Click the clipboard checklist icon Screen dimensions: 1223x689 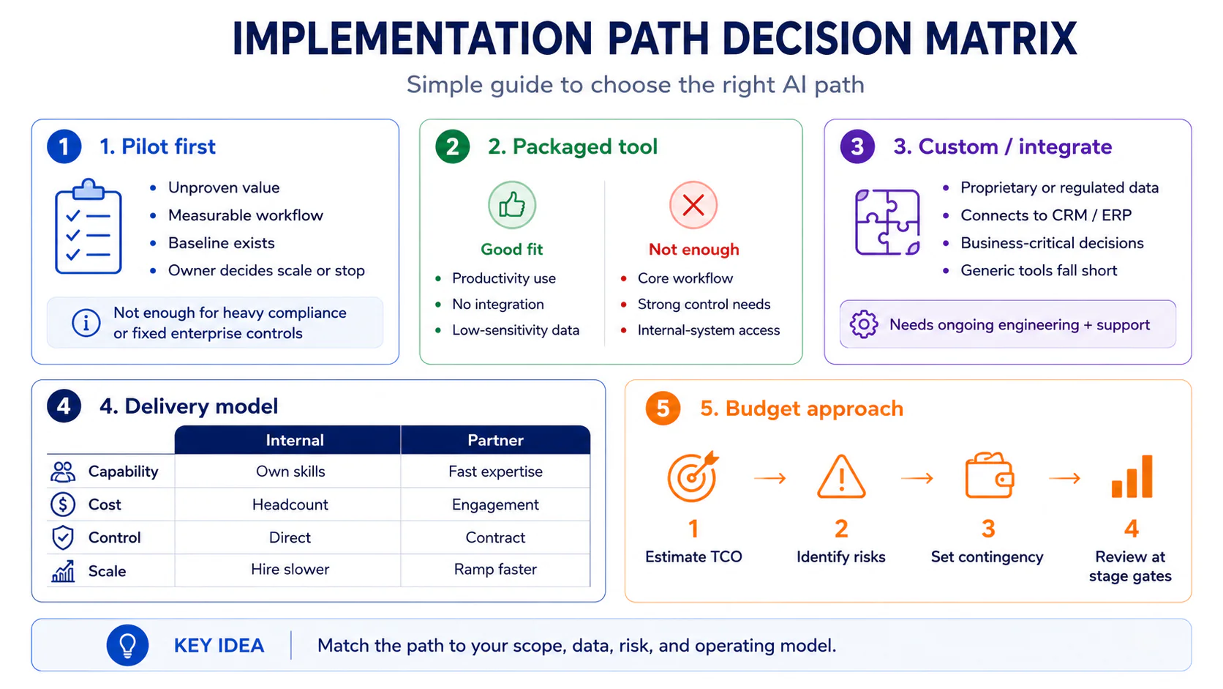point(88,226)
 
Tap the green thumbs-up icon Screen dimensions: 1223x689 point(511,206)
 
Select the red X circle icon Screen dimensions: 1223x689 point(693,206)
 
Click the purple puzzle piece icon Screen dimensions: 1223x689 point(887,222)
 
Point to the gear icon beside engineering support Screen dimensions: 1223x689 point(864,324)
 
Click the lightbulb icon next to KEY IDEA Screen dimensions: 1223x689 point(128,645)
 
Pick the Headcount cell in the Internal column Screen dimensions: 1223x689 point(290,504)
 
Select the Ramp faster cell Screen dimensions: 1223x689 point(495,570)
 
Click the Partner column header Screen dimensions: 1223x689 point(495,440)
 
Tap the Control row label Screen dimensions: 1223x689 point(114,537)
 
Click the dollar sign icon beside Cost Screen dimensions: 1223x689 point(63,504)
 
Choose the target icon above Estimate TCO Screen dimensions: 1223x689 point(693,477)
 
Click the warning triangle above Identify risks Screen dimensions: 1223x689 point(841,477)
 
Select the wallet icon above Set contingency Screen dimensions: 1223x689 point(989,475)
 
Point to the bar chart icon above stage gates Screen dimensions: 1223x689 point(1132,477)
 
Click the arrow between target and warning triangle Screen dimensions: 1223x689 point(769,479)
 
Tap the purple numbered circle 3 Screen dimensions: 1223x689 point(857,146)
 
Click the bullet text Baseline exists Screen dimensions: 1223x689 point(221,242)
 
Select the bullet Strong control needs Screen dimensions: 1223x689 point(704,305)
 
